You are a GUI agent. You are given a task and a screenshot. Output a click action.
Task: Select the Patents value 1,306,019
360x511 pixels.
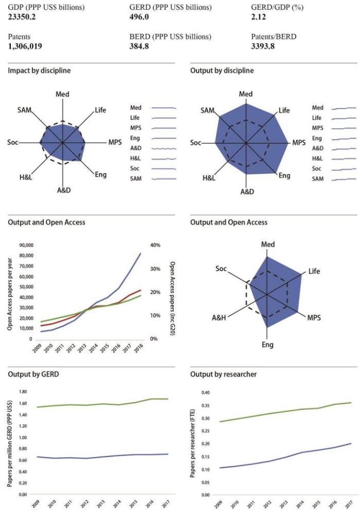click(25, 46)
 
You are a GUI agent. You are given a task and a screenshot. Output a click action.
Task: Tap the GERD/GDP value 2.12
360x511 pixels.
click(260, 17)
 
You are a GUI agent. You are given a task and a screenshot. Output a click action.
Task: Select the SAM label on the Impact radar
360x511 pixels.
click(24, 110)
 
